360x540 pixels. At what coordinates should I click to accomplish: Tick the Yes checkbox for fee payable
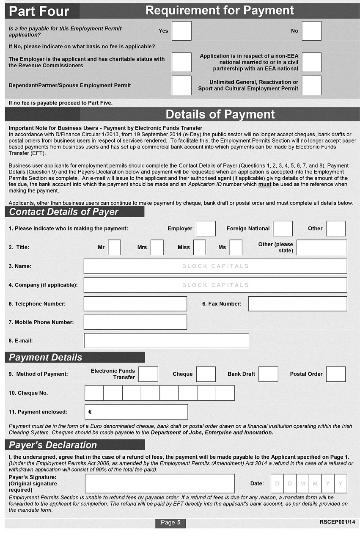coord(181,31)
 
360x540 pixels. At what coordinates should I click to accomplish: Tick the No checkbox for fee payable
coord(311,31)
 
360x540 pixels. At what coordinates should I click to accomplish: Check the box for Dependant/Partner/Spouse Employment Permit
coord(181,85)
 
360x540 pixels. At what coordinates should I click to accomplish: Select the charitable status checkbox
coord(181,62)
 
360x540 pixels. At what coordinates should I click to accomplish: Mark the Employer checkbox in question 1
coord(206,229)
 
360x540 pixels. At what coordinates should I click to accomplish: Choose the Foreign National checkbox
coord(283,229)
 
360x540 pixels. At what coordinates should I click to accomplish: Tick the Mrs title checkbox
coord(157,247)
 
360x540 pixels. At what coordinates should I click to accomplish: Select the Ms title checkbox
coord(236,247)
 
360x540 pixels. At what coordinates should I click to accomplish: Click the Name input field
coord(215,266)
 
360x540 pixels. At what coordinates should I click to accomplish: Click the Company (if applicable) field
coord(215,285)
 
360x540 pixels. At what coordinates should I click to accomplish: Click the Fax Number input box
coord(297,304)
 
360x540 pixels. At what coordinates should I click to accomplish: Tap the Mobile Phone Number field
coord(135,322)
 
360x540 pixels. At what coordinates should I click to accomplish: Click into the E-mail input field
coord(166,341)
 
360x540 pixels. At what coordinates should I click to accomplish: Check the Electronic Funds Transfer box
coord(148,374)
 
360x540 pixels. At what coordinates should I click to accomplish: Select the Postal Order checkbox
coord(335,374)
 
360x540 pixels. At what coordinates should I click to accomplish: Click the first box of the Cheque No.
coord(94,393)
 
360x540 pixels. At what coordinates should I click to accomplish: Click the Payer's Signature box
coord(159,483)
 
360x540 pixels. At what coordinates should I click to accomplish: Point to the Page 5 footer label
coord(170,523)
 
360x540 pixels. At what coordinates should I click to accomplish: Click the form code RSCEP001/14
coord(338,522)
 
